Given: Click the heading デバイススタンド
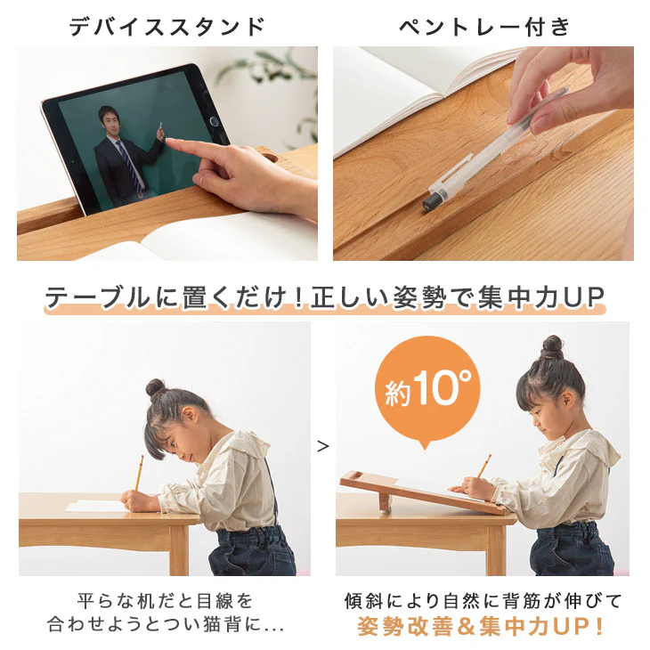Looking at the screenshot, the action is tap(167, 27).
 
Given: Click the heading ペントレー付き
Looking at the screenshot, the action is tap(484, 27).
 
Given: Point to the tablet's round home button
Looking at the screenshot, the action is tap(215, 121).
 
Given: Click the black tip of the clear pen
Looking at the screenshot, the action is tap(430, 204).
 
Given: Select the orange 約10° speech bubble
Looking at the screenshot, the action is tap(427, 391).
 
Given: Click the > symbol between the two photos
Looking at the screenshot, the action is tap(323, 446).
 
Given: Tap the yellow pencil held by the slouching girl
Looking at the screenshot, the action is tap(139, 473).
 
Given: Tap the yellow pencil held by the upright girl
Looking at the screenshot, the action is tap(483, 466).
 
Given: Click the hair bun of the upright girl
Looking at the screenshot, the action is tap(552, 347).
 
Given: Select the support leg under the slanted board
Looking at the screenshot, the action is tap(386, 503).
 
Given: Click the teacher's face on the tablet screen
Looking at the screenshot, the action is tap(109, 119).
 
